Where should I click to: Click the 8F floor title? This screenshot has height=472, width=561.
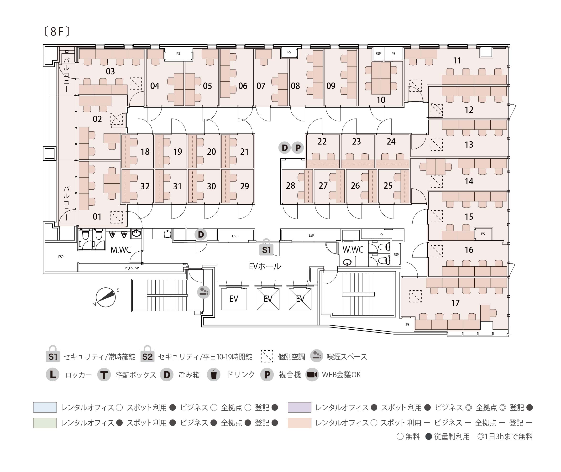(x=57, y=31)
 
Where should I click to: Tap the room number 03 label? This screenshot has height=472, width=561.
(x=110, y=72)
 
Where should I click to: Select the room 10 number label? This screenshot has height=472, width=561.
(x=381, y=100)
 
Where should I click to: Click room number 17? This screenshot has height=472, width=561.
(x=455, y=303)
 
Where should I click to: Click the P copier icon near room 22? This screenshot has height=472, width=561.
(x=298, y=148)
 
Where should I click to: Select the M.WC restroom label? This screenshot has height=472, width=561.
(x=121, y=250)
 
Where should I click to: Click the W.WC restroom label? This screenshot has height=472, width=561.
(x=353, y=250)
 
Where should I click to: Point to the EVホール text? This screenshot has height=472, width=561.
(x=265, y=266)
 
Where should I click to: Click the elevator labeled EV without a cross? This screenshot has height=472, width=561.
(x=234, y=299)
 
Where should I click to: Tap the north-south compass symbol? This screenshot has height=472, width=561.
(x=106, y=297)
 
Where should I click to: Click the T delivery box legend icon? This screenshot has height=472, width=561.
(x=104, y=375)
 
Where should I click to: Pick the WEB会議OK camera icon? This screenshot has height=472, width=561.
(x=312, y=375)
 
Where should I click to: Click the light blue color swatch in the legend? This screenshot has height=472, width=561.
(x=45, y=407)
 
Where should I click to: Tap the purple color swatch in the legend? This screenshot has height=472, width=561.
(x=299, y=407)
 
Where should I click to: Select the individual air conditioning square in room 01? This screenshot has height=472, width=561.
(x=116, y=217)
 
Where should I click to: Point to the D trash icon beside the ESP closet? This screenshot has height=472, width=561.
(x=201, y=235)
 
